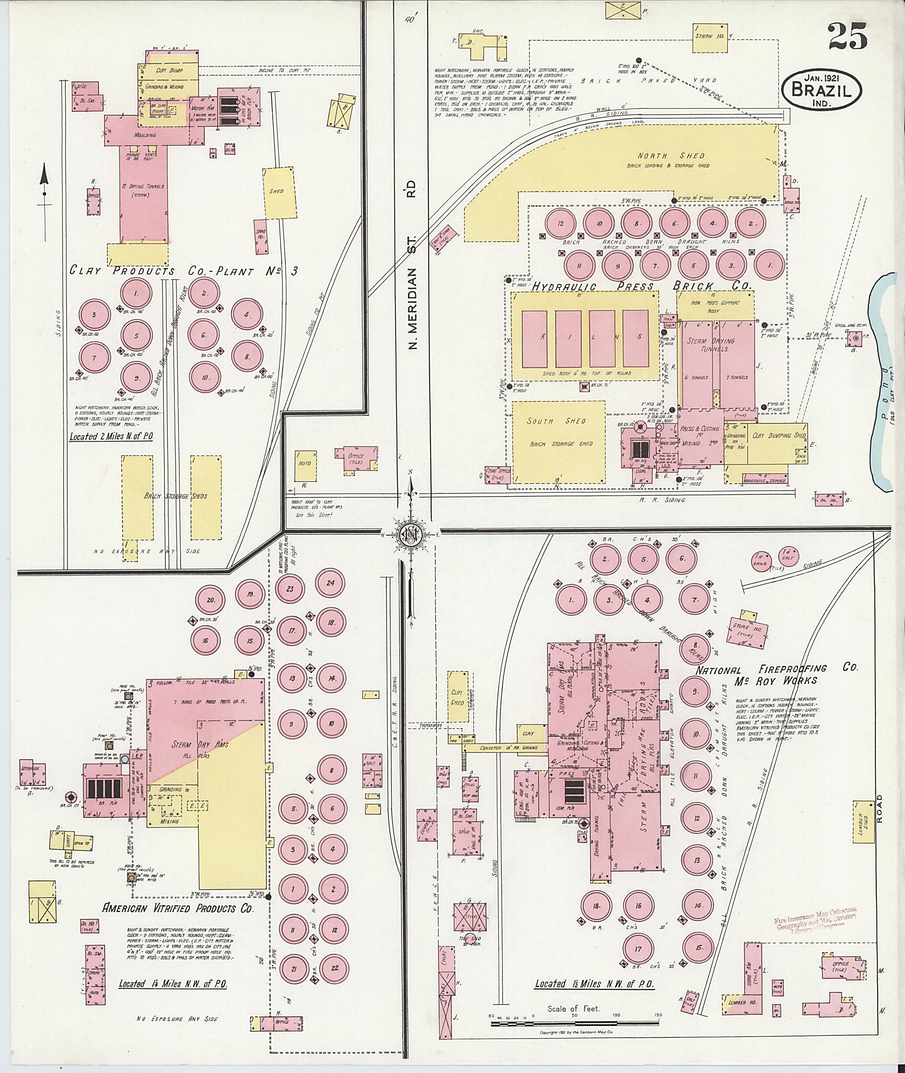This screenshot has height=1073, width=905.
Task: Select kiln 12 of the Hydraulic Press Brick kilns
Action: (561, 224)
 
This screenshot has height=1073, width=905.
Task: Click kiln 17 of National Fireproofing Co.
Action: (638, 949)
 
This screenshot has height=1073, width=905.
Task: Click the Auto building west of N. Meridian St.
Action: (305, 463)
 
